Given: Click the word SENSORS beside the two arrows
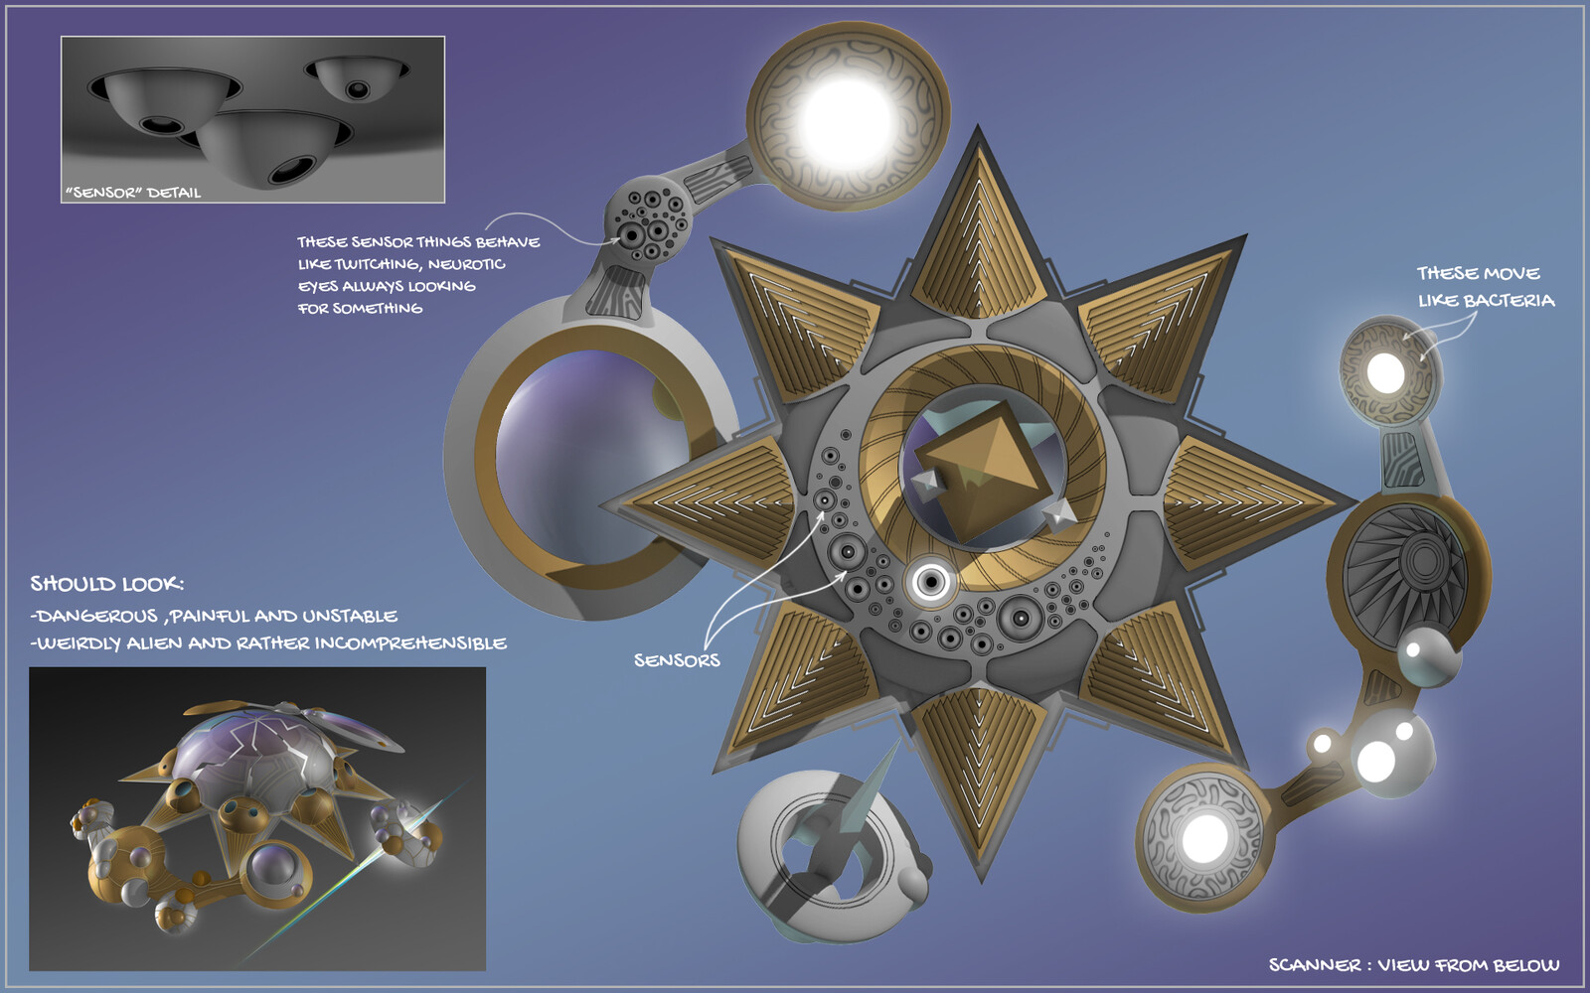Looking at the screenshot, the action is pos(677,660).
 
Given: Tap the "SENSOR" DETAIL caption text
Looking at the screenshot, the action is pos(133,193).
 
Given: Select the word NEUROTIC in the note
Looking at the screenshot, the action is pos(466,264).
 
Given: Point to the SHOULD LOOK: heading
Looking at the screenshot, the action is pos(107,584).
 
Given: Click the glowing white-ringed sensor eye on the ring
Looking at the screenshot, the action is pos(930,582).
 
